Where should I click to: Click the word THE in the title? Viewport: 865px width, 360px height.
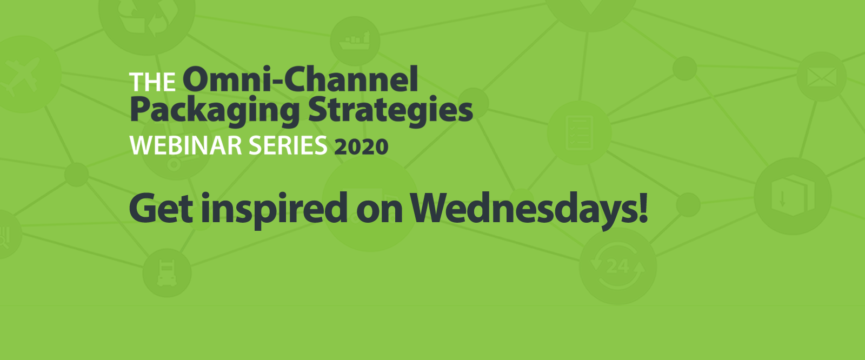point(152,82)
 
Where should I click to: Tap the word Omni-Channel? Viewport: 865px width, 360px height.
point(301,79)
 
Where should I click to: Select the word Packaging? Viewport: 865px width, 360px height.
point(215,111)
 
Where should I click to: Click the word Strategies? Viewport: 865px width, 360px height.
point(390,111)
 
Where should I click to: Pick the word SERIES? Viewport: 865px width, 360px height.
point(288,145)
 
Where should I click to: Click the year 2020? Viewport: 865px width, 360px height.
point(361,147)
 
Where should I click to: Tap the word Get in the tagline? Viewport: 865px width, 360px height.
point(161,208)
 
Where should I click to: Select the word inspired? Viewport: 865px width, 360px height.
point(274,210)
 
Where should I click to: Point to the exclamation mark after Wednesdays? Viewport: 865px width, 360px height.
point(643,208)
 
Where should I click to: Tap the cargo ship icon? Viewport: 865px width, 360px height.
point(355,41)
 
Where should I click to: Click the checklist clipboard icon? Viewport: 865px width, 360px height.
point(579,132)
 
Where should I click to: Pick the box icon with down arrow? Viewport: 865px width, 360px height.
point(793,196)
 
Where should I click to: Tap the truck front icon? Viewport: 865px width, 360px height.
point(167,273)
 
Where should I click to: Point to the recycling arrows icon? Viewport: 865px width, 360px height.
point(147,17)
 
